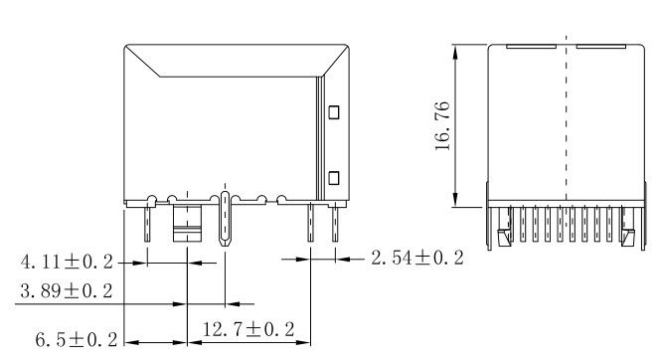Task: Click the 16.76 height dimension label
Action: [x=442, y=126]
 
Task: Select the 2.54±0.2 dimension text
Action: [x=417, y=258]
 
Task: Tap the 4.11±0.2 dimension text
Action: [x=67, y=262]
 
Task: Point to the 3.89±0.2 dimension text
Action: [x=67, y=290]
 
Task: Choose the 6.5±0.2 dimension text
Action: [x=77, y=339]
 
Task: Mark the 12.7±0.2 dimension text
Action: [x=248, y=329]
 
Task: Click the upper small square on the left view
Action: [x=334, y=112]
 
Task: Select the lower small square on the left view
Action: [x=334, y=178]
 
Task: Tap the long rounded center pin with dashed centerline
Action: [x=226, y=219]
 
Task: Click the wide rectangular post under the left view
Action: [x=187, y=223]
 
